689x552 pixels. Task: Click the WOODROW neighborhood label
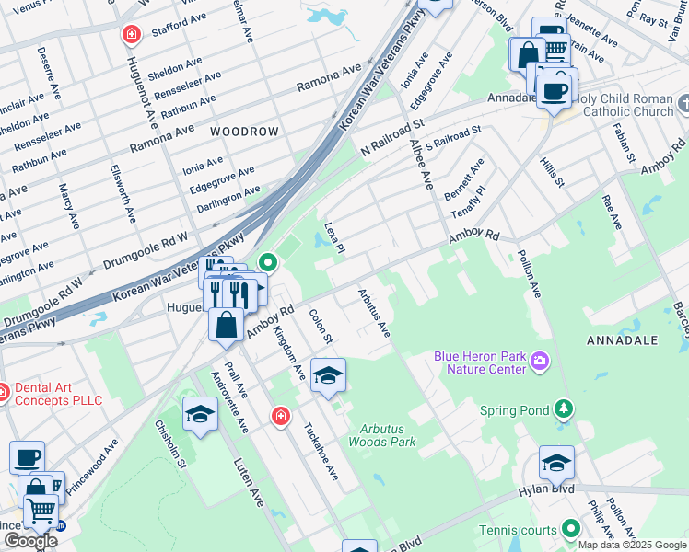(244, 132)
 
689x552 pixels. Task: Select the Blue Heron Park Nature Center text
(479, 362)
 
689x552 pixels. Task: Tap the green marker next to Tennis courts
(570, 529)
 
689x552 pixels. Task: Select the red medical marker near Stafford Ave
(132, 34)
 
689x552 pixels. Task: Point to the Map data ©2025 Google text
(632, 545)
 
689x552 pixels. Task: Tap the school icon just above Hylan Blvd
(556, 463)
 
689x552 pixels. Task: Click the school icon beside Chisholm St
(199, 415)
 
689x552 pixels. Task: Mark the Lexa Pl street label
(333, 237)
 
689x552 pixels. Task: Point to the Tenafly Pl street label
(468, 201)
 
